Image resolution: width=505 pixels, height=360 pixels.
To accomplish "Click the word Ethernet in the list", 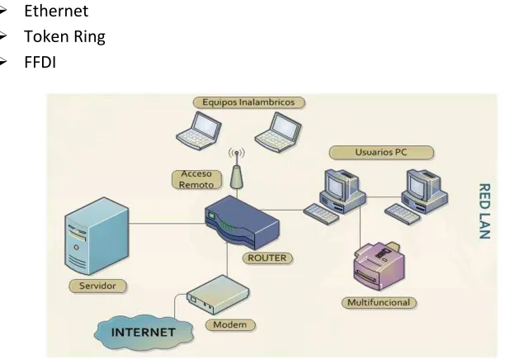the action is pos(56,11).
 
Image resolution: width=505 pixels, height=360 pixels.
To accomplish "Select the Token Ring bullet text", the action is pos(64,36).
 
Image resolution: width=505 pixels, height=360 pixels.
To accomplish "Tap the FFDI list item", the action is pos(40,62).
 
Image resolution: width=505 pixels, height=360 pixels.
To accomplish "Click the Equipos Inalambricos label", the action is pos(248,102).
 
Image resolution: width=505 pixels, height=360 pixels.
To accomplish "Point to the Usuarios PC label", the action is pos(381,152).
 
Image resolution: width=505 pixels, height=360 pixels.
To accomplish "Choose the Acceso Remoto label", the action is pos(196,179).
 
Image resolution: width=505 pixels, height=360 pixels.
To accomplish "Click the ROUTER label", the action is pos(267,258).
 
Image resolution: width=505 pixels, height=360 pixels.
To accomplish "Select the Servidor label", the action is pos(97,286).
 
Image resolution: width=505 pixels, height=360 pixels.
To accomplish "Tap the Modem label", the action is pos(230,324).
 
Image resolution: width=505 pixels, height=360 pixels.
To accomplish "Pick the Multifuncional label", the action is pos(379,303).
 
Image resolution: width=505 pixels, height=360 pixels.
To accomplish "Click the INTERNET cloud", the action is pos(144,333).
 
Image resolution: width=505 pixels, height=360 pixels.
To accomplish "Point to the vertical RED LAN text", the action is pos(484,211).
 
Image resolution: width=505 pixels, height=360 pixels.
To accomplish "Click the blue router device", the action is pos(243,222).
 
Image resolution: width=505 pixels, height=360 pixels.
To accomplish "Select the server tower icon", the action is pos(97,236).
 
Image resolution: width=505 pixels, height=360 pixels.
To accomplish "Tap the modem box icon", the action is pos(218,295).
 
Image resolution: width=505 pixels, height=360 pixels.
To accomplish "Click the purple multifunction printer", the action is pos(380,266).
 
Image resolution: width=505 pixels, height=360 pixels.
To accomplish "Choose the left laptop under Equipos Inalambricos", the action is pos(199,130).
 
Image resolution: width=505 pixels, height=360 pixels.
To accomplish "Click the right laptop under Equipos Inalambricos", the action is pos(278,132).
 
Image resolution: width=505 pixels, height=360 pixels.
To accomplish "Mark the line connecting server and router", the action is pos(168,223).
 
